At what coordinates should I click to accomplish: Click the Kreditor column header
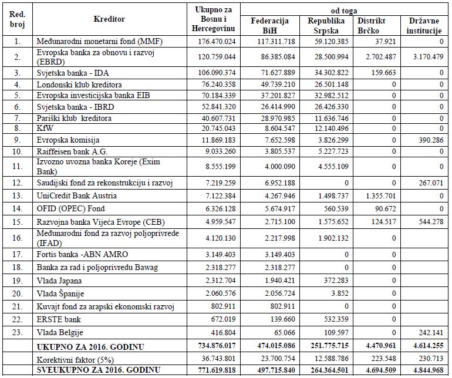coord(109,19)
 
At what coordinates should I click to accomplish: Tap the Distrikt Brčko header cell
coord(376,25)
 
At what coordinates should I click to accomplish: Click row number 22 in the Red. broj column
coord(18,319)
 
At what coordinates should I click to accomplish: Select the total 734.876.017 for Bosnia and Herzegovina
coord(213,347)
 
